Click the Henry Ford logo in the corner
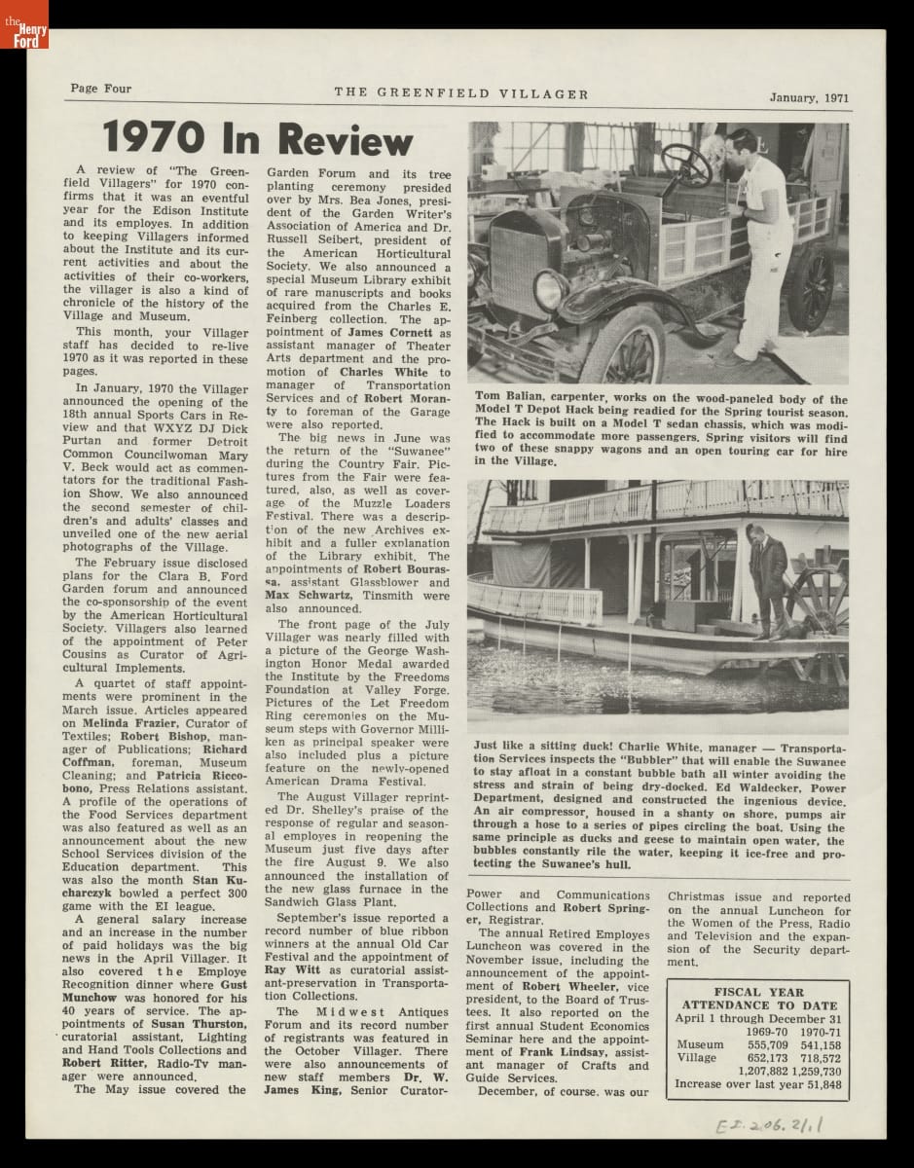pyautogui.click(x=23, y=24)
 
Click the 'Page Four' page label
pyautogui.click(x=98, y=89)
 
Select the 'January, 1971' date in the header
pyautogui.click(x=809, y=97)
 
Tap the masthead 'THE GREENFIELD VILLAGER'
pyautogui.click(x=461, y=94)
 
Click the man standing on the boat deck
pyautogui.click(x=769, y=579)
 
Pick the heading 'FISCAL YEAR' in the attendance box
pyautogui.click(x=757, y=993)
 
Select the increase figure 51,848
pyautogui.click(x=821, y=1083)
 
